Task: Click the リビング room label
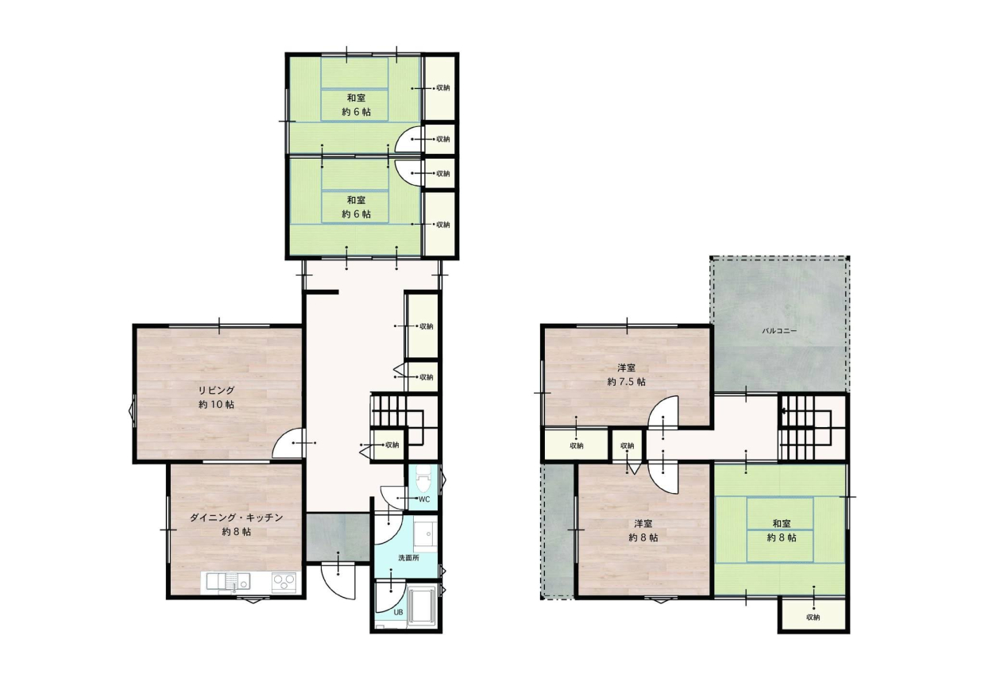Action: click(x=216, y=391)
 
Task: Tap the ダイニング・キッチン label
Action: click(x=236, y=518)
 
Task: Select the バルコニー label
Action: click(x=778, y=331)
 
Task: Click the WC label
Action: click(x=424, y=499)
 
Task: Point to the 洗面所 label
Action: click(x=408, y=558)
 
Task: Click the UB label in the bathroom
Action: click(x=398, y=612)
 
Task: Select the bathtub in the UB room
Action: click(x=421, y=607)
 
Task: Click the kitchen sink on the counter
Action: click(x=227, y=582)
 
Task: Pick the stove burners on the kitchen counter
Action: click(x=284, y=583)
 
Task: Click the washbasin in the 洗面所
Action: click(x=425, y=536)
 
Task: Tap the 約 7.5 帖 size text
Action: click(x=626, y=382)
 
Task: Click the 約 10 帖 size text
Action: click(x=216, y=404)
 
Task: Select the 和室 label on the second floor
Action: click(x=782, y=523)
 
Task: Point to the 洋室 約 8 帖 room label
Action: click(x=643, y=530)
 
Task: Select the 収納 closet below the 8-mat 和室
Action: click(x=813, y=617)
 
